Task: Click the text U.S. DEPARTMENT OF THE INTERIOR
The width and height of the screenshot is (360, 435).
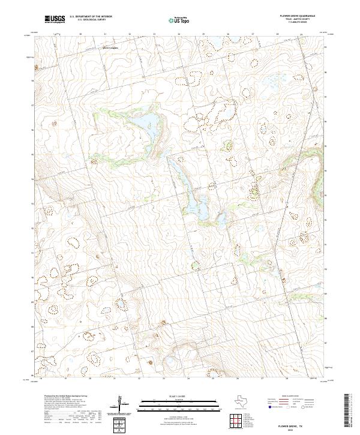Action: click(91, 17)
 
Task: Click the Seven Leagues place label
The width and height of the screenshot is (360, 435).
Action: click(110, 47)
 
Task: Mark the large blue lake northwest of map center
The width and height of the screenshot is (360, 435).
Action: click(150, 124)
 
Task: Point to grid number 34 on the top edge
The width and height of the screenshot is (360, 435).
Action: click(179, 34)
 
